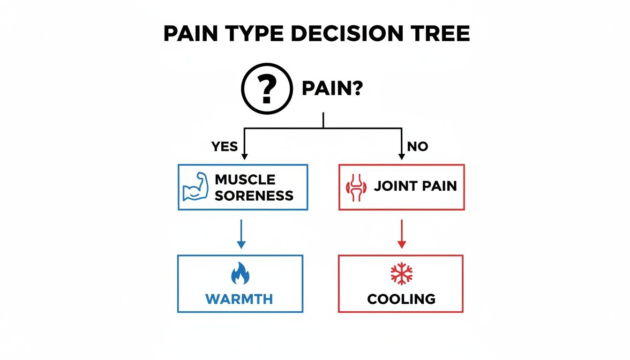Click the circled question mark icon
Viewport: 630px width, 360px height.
click(x=266, y=89)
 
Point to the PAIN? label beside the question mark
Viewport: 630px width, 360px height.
click(x=332, y=89)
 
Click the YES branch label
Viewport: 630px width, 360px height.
click(x=225, y=147)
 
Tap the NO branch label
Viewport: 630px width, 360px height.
click(x=417, y=147)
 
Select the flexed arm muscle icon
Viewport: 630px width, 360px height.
click(x=195, y=187)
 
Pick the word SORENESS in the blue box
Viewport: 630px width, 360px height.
click(x=254, y=195)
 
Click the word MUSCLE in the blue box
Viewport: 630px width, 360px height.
click(x=245, y=180)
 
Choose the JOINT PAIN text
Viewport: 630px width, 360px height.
click(x=415, y=186)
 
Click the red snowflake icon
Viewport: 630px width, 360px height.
click(x=401, y=274)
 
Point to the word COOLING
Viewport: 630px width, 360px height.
click(x=401, y=299)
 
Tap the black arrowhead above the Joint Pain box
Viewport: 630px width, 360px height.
click(x=402, y=156)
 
